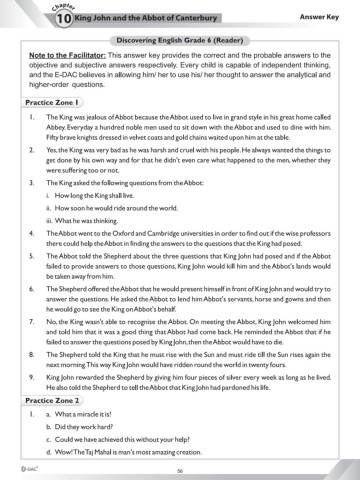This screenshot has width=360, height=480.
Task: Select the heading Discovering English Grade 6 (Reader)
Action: (x=180, y=39)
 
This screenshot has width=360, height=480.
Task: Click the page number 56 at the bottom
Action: (x=180, y=470)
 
